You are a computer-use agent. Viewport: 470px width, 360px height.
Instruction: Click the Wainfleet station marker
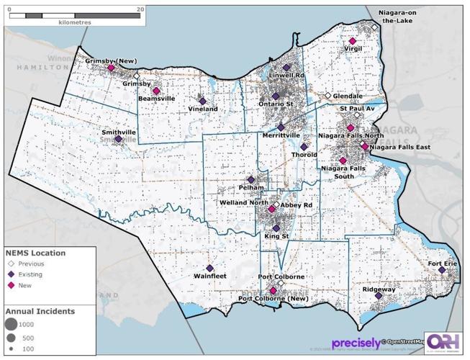(209, 268)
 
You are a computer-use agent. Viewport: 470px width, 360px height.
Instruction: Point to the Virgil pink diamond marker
(352, 42)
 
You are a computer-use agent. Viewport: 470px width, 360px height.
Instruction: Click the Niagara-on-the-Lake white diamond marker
(374, 27)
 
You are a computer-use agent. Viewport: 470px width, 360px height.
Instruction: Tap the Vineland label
(203, 109)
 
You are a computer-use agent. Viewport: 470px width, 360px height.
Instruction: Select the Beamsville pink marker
(156, 91)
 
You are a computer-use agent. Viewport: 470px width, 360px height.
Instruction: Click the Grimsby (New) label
(111, 61)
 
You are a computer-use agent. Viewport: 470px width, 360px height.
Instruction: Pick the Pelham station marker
(250, 179)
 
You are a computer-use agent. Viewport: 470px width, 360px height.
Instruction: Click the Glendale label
(348, 96)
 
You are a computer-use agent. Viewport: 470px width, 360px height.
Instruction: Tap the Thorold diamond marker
(304, 147)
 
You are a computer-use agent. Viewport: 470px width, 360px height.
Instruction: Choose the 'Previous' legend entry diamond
(12, 264)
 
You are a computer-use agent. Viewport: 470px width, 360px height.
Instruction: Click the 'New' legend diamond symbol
(12, 285)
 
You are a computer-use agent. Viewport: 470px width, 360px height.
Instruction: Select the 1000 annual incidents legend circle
(12, 324)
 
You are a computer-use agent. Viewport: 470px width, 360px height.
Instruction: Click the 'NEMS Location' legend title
(36, 253)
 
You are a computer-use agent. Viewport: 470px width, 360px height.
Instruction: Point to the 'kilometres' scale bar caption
(75, 22)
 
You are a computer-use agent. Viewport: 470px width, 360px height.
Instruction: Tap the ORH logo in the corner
(444, 342)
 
